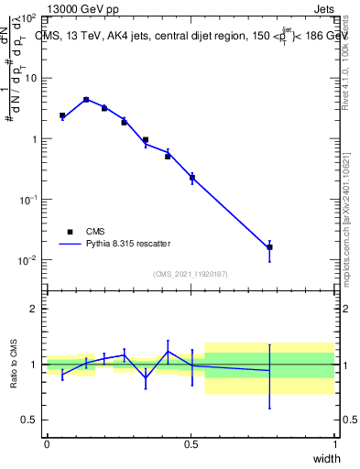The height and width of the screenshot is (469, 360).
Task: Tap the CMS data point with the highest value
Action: [x=86, y=100]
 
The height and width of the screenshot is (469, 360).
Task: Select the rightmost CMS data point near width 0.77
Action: [x=269, y=247]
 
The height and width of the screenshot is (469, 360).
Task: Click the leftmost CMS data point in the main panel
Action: [x=62, y=116]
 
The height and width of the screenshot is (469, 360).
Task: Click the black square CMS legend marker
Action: [x=70, y=232]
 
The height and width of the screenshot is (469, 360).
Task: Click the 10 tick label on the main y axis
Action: [x=29, y=79]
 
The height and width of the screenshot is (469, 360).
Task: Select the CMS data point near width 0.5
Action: [x=191, y=178]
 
